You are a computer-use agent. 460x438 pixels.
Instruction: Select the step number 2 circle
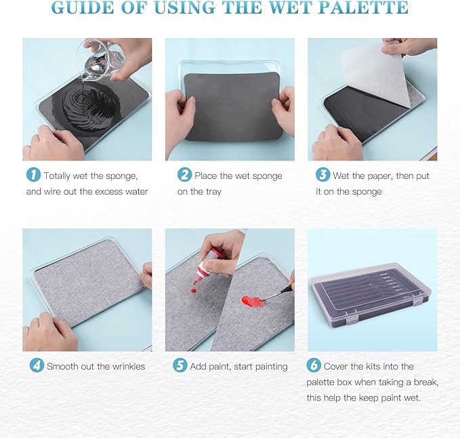(184, 176)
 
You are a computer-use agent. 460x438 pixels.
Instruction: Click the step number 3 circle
(322, 176)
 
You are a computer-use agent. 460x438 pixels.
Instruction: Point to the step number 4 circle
(37, 365)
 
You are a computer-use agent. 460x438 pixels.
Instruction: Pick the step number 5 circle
(180, 365)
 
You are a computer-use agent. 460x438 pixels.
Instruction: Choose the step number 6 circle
(314, 365)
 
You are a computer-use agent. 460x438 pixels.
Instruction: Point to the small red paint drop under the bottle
(194, 290)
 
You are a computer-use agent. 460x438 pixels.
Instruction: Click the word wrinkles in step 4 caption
(123, 366)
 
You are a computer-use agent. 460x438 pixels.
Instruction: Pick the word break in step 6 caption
(424, 382)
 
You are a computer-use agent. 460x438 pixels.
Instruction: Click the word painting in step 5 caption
(269, 367)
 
